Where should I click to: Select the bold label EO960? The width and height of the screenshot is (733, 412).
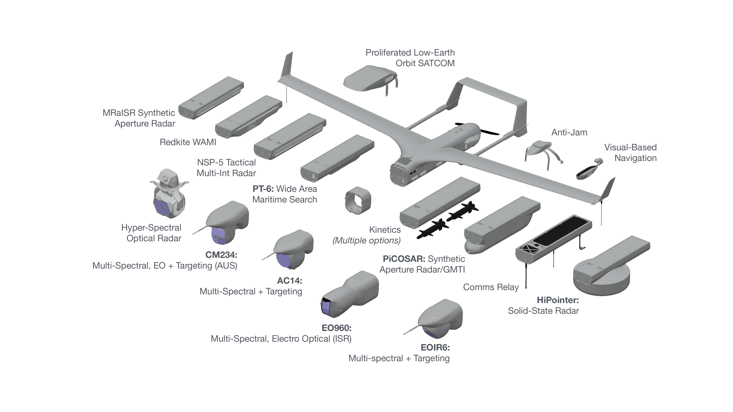click(336, 328)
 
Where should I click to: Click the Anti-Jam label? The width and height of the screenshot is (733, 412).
click(569, 132)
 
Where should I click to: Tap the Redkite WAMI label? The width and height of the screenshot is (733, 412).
click(188, 142)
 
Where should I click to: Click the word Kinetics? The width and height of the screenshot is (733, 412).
click(385, 230)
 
